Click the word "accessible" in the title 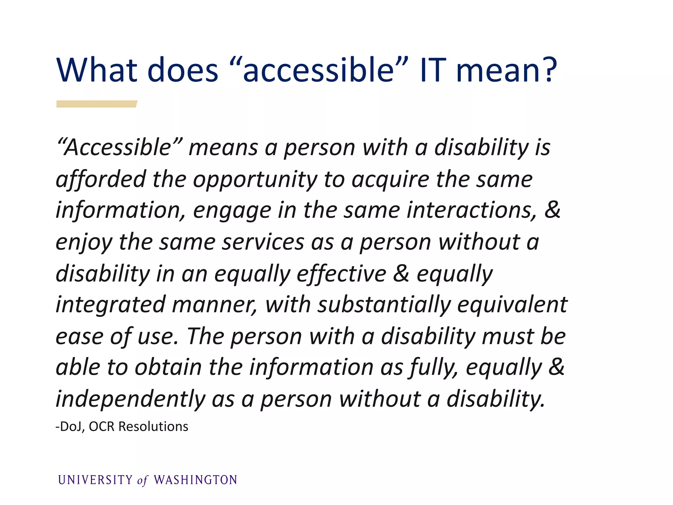tap(318, 70)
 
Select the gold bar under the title tap(97, 104)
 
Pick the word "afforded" tap(101, 180)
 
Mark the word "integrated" tap(110, 305)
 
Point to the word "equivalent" tap(512, 305)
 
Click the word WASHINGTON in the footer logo tap(196, 480)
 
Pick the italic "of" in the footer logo tap(143, 481)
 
